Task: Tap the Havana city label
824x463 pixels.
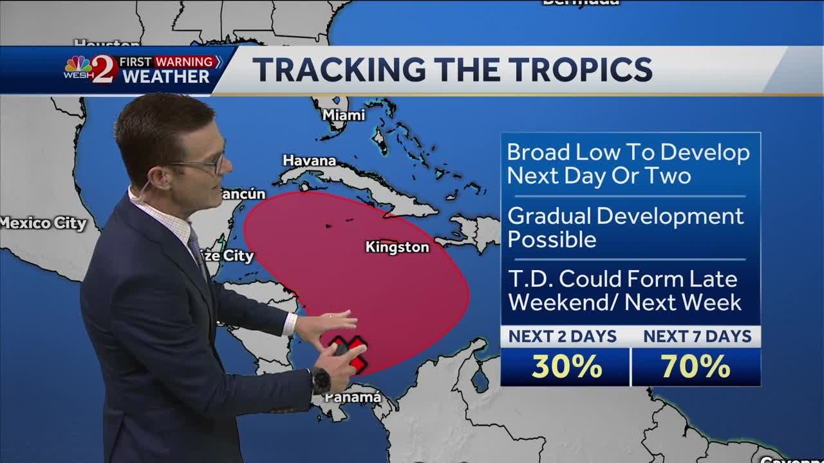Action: pos(309,160)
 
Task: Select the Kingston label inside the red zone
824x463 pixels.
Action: pos(397,247)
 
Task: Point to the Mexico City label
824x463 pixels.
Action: pos(42,224)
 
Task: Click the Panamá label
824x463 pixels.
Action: pos(353,397)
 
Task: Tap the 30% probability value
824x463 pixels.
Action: pos(566,367)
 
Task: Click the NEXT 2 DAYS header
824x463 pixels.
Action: pos(563,336)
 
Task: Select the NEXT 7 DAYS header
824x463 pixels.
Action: pos(697,336)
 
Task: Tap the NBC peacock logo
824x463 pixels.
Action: pos(78,65)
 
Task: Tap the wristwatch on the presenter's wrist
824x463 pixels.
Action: pos(320,380)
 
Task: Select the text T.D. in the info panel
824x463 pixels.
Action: pos(530,279)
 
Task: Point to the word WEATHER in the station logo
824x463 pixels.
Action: pos(166,77)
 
